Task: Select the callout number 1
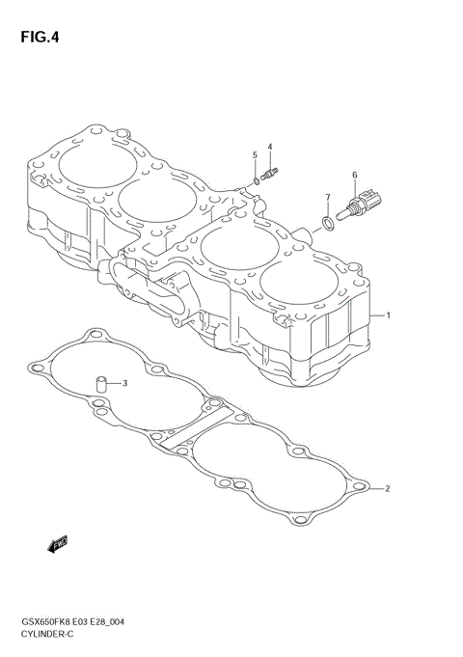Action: point(387,315)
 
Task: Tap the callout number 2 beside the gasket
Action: point(387,489)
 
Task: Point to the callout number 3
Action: point(123,383)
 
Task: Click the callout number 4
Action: point(270,147)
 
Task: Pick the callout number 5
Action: point(255,154)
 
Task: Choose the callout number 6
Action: point(354,175)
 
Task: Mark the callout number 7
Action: point(327,198)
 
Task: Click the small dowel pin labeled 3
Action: point(99,385)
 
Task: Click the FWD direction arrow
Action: point(56,546)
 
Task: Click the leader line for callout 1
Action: point(375,315)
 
